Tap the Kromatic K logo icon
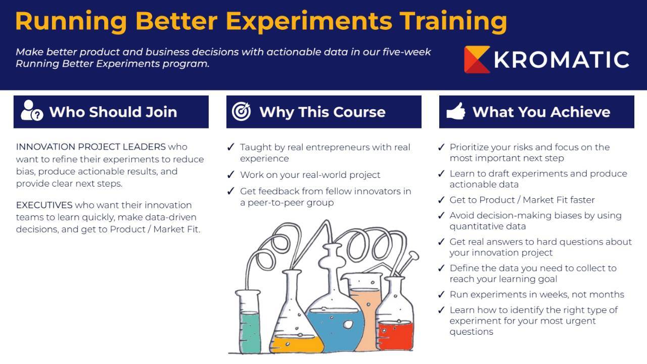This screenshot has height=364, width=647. point(477,59)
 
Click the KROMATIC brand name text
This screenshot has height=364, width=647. point(561,60)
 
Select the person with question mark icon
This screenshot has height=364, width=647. point(31,111)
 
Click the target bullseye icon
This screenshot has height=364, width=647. point(241,111)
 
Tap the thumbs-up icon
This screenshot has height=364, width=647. point(455,111)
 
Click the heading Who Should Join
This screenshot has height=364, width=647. point(113,112)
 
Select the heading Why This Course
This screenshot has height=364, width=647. point(322,112)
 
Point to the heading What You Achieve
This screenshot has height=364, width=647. point(541,112)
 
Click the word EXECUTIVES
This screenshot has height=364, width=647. point(44,205)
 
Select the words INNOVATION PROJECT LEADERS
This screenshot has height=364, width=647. point(90,147)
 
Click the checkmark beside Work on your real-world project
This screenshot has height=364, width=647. point(230,175)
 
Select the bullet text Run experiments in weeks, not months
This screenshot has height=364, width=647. point(537,295)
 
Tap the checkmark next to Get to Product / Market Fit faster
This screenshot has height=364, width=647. point(441,200)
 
